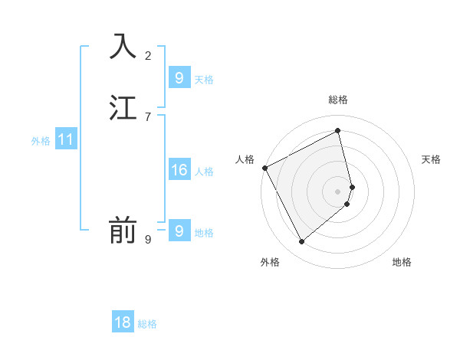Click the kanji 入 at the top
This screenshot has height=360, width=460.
(123, 45)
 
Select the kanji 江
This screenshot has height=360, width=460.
(123, 108)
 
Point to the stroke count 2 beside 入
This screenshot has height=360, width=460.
(148, 55)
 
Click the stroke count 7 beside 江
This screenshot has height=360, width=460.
(148, 117)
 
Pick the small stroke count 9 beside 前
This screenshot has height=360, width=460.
(148, 240)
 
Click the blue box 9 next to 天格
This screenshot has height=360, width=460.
(179, 78)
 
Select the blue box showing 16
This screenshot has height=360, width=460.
(179, 170)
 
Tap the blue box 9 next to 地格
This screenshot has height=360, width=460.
(179, 231)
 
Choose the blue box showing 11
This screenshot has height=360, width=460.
(66, 139)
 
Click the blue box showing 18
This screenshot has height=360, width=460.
(123, 322)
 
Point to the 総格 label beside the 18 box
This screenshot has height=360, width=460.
(147, 324)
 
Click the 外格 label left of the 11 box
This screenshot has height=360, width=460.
(41, 141)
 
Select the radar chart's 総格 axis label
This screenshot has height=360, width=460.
(338, 100)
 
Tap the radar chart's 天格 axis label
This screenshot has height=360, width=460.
(432, 159)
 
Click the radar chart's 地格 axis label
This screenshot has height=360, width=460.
(402, 262)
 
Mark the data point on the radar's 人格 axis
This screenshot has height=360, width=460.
(264, 168)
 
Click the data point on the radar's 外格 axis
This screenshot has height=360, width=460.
(301, 242)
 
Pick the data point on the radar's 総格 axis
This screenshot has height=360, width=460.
(338, 130)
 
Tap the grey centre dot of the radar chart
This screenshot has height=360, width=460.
(338, 191)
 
